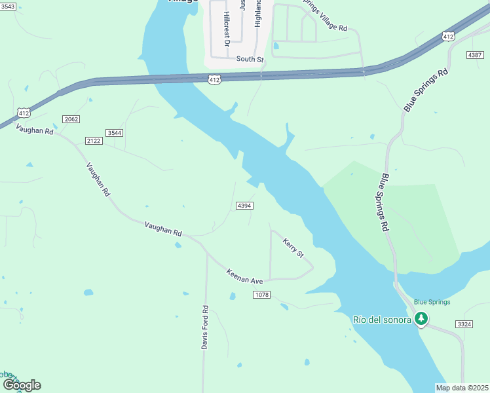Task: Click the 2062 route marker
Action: coord(71,119)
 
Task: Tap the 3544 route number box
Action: coord(115,133)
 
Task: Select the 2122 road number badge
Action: coord(94,141)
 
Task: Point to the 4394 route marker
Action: coord(244,206)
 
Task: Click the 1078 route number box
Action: coord(261,295)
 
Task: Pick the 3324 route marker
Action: coord(464,324)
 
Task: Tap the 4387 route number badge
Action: coord(475,54)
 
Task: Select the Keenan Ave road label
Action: coord(245,276)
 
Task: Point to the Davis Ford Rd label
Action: coord(205,327)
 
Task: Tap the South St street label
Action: coord(250,59)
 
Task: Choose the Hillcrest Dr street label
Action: coord(227,29)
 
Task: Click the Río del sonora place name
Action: coord(382,319)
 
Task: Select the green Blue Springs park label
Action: coord(432,302)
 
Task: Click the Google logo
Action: coord(21,385)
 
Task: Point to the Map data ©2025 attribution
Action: coord(462,388)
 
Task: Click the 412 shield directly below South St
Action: coord(215,79)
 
